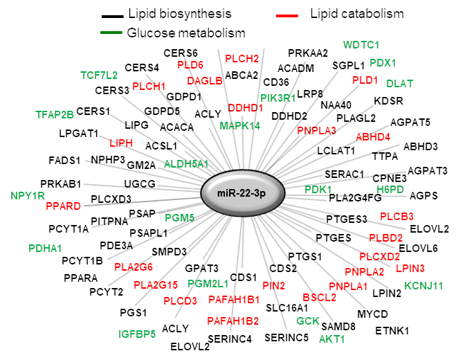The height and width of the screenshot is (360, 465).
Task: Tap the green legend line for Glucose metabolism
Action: pos(109,33)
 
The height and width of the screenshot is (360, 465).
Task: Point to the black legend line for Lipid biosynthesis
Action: pos(109,15)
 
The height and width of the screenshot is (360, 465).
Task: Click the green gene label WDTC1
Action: pos(361,45)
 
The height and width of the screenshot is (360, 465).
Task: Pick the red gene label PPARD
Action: pos(63,206)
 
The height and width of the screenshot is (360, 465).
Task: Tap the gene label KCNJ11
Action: pos(423,285)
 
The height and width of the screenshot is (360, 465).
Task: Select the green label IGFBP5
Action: pos(136,334)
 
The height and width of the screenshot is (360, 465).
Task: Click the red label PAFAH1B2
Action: pos(233,321)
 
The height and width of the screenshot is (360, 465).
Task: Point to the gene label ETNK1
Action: pos(392,330)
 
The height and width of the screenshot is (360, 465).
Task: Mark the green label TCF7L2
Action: pos(99,74)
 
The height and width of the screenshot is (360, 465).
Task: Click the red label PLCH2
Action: pos(241,58)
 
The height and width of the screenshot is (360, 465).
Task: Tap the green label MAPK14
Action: pos(240,125)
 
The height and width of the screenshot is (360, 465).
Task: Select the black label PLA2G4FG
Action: pos(355,197)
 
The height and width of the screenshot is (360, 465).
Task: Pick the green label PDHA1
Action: pos(45,248)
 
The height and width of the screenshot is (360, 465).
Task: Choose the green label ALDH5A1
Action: pos(187,163)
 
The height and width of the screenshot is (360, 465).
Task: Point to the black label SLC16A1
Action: pos(289,307)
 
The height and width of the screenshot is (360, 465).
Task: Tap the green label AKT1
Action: pos(331,339)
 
